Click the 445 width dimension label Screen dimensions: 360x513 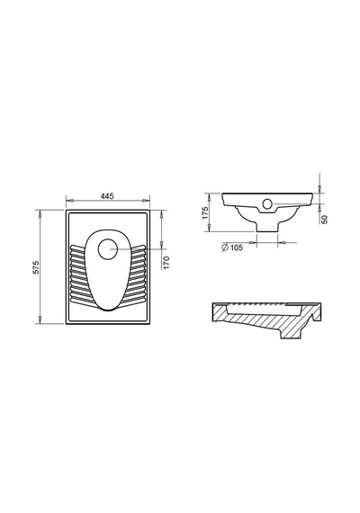click(107, 196)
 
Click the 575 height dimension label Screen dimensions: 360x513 click(36, 267)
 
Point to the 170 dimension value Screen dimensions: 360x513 click(166, 263)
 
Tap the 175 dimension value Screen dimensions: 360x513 click(205, 213)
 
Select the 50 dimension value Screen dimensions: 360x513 click(324, 220)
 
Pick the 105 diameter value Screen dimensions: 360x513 click(237, 247)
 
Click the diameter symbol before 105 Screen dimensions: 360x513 click(225, 247)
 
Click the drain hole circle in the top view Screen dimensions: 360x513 click(107, 249)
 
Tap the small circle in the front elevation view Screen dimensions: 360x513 click(267, 204)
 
